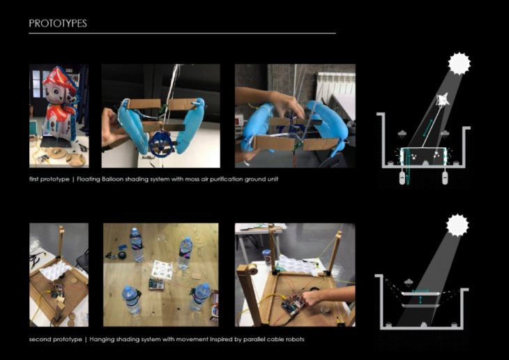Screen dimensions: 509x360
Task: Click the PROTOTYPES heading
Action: pos(58,24)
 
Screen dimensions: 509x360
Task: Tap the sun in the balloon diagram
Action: pos(459,63)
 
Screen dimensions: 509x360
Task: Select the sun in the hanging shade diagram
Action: pos(457,225)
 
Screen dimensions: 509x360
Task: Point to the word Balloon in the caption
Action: pos(112,179)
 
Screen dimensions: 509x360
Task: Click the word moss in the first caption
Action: pos(193,179)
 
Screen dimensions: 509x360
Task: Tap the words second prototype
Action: pos(56,340)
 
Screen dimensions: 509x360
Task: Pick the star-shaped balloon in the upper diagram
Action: pos(443,100)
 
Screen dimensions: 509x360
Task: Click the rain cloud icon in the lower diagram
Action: pos(409,282)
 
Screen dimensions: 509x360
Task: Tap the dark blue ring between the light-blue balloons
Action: pos(160,142)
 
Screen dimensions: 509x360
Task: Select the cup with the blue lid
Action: pos(267,257)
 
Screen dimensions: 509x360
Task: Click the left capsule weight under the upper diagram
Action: pos(402,178)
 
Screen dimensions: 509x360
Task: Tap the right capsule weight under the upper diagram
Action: pos(445,178)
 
